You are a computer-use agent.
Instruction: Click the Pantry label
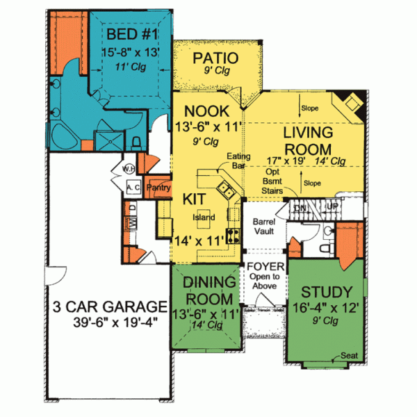click(159, 187)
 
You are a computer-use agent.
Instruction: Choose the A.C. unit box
click(134, 188)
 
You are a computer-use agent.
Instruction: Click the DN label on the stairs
click(299, 208)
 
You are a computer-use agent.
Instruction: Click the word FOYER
click(264, 265)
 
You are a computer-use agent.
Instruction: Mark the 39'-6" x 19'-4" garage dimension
click(108, 322)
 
